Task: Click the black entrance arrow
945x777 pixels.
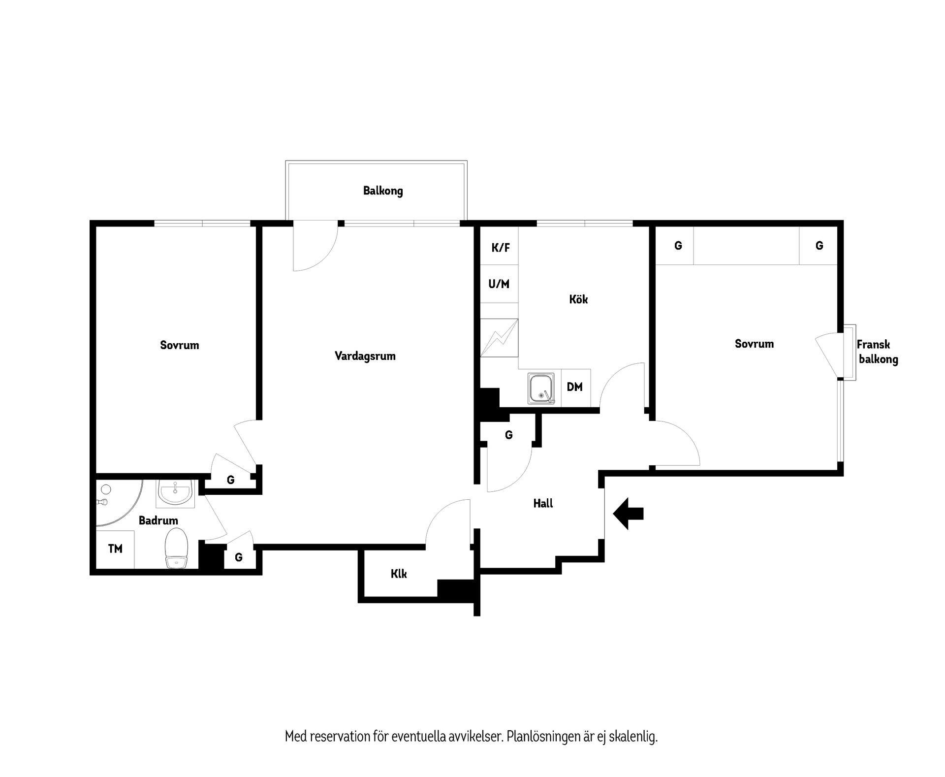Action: tap(628, 514)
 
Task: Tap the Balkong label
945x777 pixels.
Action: tap(383, 191)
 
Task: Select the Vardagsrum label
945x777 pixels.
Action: tap(365, 356)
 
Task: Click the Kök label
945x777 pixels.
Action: tap(578, 299)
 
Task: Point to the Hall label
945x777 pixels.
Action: tap(543, 503)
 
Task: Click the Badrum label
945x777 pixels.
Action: tap(158, 520)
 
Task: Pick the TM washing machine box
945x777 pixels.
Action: tap(115, 549)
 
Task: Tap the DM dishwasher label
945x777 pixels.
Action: tap(575, 387)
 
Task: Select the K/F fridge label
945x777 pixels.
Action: tap(501, 248)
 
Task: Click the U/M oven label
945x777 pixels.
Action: tap(499, 284)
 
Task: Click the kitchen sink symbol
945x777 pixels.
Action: tap(541, 389)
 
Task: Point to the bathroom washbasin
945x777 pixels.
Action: tap(175, 493)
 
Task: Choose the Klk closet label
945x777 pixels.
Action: tap(399, 574)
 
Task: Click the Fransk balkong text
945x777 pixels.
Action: tap(877, 352)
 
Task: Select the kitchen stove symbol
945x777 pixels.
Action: tap(499, 338)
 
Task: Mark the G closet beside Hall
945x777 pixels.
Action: tap(509, 435)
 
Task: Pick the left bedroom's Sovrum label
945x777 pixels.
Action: tap(180, 345)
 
